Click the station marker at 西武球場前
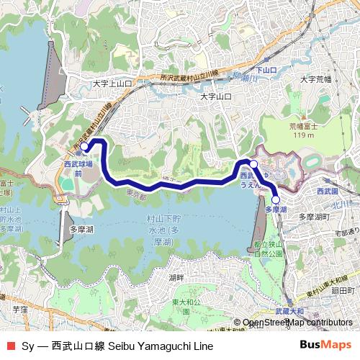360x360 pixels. click(x=84, y=147)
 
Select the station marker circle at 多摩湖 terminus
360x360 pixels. click(x=276, y=200)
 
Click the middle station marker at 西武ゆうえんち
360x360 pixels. click(x=253, y=166)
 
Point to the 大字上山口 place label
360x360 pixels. click(x=112, y=84)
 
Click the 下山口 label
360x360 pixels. click(x=266, y=70)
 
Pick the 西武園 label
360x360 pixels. click(x=328, y=192)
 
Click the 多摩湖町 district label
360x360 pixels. click(x=313, y=216)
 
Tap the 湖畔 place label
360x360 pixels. click(x=176, y=277)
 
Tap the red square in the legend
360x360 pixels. click(x=10, y=346)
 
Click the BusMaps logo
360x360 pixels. click(x=325, y=346)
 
